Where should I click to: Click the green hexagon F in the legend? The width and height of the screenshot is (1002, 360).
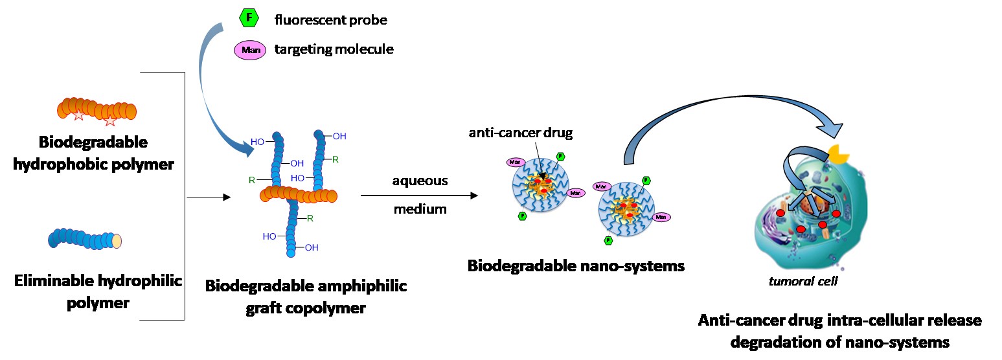click(x=249, y=19)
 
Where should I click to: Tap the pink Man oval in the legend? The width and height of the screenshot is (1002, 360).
click(x=250, y=50)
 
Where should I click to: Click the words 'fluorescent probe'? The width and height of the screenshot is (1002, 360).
click(x=330, y=20)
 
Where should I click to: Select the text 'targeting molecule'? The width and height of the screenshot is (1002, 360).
click(x=334, y=49)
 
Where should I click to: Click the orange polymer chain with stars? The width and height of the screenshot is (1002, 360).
click(x=97, y=109)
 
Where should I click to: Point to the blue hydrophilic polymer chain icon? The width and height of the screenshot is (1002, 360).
click(x=85, y=239)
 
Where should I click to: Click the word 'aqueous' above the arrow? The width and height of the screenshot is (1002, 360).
click(x=420, y=181)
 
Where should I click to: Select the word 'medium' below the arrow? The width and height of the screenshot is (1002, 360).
click(x=420, y=208)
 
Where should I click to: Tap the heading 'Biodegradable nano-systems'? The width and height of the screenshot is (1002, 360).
click(x=576, y=265)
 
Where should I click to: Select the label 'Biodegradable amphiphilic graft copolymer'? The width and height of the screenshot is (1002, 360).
click(x=306, y=297)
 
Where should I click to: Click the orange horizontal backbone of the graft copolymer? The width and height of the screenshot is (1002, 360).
click(x=299, y=194)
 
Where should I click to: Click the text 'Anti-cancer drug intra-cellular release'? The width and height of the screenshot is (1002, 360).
click(x=839, y=321)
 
